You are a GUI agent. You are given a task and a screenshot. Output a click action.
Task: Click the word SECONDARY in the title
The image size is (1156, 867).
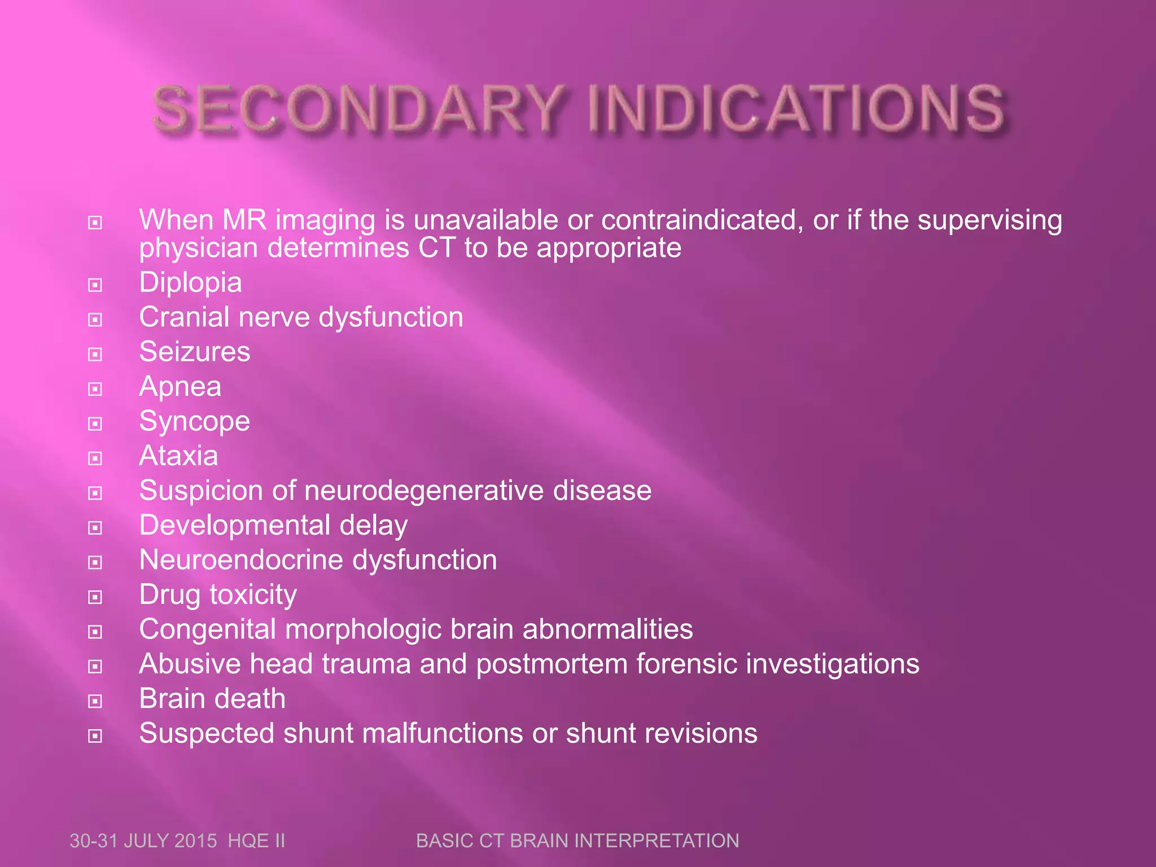tap(359, 108)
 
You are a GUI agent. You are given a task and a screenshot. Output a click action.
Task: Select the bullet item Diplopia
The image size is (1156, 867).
tap(190, 282)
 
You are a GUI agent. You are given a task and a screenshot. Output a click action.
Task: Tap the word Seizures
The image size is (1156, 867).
tap(195, 352)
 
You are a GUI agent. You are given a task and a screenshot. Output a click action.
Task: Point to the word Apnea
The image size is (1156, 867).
tap(180, 387)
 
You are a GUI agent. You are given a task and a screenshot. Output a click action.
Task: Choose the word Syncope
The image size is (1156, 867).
tap(195, 422)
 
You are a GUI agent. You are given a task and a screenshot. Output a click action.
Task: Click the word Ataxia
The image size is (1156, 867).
tap(178, 456)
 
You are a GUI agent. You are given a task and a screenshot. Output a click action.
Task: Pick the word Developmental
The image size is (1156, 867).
tap(234, 526)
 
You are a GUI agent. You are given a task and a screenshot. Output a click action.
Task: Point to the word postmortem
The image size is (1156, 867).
tap(551, 664)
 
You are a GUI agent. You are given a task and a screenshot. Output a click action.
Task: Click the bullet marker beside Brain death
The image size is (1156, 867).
tap(95, 701)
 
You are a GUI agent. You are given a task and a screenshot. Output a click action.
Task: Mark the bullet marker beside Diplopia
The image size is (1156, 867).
tap(95, 285)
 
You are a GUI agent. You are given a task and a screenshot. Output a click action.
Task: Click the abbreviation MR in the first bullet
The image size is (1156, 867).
tap(244, 220)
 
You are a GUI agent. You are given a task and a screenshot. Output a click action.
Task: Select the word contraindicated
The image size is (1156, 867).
tap(702, 220)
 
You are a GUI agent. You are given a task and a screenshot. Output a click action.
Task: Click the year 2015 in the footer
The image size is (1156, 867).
tap(195, 840)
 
